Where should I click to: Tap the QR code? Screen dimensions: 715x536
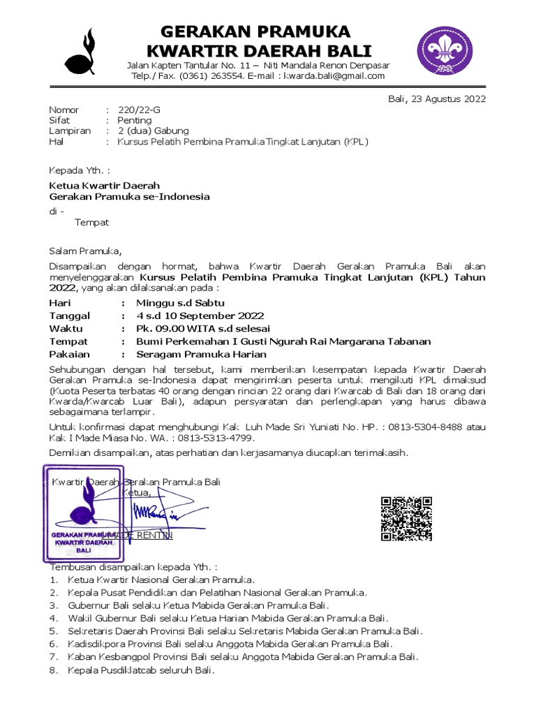(406, 519)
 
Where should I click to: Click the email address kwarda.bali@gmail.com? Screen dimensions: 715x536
(334, 76)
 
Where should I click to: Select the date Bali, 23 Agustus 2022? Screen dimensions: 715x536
(436, 98)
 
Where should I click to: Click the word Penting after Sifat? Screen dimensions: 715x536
(134, 120)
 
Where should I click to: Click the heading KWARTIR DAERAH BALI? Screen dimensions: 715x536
(255, 51)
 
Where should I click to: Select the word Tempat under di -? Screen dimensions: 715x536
(91, 222)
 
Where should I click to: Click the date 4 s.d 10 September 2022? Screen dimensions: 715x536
(200, 316)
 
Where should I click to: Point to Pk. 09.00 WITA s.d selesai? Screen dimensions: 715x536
(202, 328)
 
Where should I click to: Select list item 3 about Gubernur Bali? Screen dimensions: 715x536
(198, 605)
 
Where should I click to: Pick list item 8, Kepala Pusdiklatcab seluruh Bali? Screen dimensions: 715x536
(140, 671)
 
